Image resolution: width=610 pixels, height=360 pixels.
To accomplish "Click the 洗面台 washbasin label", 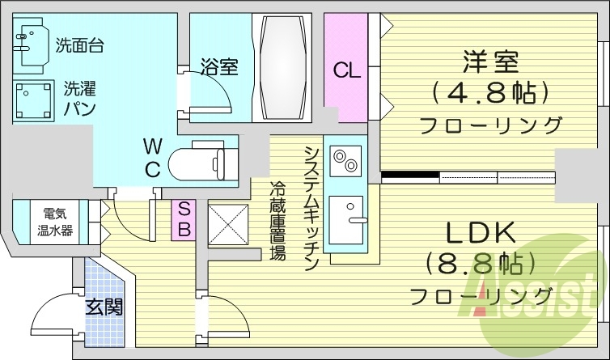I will (79, 45).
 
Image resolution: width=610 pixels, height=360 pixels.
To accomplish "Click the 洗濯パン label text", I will (80, 97).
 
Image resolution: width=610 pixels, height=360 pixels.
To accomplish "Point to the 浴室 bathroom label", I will (219, 66).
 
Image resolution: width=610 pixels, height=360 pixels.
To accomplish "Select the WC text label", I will (153, 157).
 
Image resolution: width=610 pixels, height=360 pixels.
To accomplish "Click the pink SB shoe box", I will (184, 218).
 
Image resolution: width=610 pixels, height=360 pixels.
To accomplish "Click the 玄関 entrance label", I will (104, 308).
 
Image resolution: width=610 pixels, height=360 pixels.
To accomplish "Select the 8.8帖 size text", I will (483, 264).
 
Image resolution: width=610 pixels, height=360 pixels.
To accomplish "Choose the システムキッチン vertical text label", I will (311, 206).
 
